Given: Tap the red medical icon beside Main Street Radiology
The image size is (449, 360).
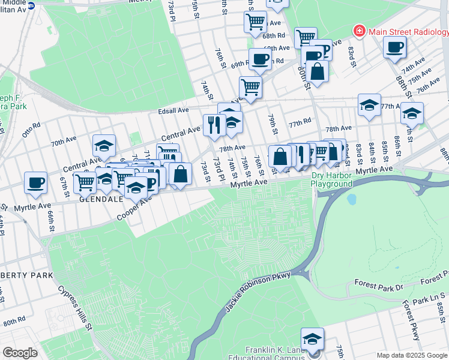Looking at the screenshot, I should click(x=359, y=30).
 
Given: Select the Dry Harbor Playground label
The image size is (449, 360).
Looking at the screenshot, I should click(x=332, y=179).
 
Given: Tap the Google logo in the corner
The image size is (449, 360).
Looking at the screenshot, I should click(x=20, y=353).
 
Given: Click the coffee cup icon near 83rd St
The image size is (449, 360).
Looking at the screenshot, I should click(x=394, y=47).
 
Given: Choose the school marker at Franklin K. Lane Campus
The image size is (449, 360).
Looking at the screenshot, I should click(x=312, y=338).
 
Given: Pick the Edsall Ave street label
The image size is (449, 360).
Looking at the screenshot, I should click(x=173, y=110).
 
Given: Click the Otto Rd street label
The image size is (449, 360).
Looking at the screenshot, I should click(x=31, y=130).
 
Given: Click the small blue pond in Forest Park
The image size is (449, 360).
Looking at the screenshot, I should click(x=351, y=199).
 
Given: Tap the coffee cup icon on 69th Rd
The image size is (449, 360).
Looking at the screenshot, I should click(x=260, y=59).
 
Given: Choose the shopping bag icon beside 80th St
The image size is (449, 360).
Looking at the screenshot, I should click(x=317, y=72).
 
